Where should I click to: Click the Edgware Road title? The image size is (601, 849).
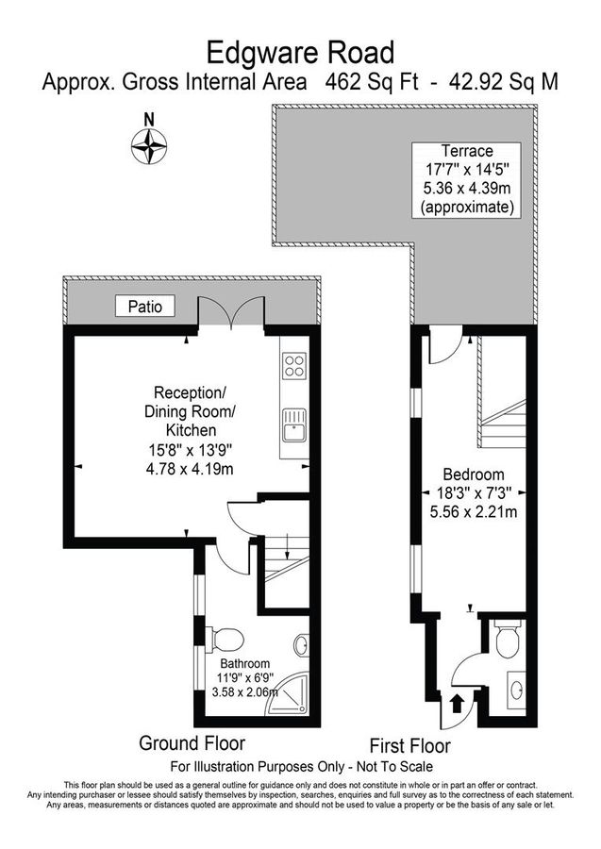tap(300, 50)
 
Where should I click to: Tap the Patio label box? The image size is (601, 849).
tap(144, 306)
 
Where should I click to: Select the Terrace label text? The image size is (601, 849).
tap(467, 151)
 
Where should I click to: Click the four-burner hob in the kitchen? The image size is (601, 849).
tap(294, 366)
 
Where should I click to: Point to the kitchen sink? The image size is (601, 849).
tap(293, 422)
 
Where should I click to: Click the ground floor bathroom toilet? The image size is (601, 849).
tap(225, 640)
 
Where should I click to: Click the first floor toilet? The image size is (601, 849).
tap(506, 641)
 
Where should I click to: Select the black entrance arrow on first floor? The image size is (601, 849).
tap(457, 702)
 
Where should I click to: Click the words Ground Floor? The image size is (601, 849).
tap(192, 741)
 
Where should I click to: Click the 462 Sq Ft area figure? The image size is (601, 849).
tap(362, 82)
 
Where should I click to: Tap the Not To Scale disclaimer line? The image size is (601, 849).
tap(300, 766)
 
